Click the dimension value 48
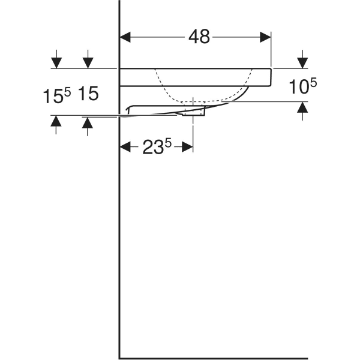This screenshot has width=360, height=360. click(199, 37)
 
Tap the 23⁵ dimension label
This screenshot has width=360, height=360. click(156, 148)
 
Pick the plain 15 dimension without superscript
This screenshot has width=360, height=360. click(88, 94)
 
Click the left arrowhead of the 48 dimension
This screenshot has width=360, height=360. click(125, 37)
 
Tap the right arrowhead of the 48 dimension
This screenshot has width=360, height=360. click(266, 37)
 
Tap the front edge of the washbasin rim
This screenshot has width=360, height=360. click(271, 77)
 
